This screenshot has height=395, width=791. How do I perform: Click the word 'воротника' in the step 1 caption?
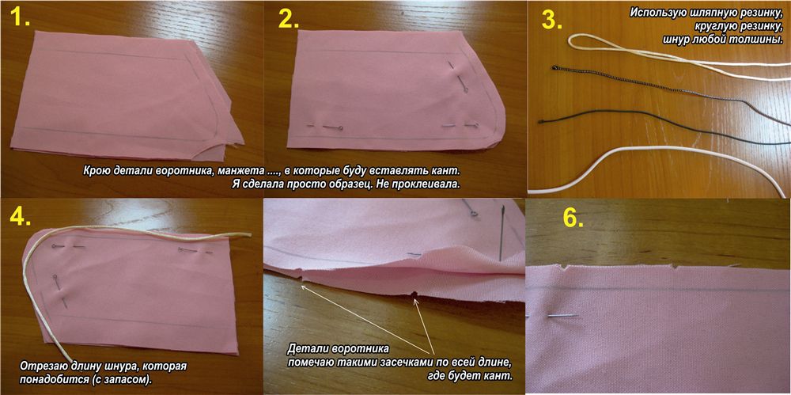pos(186,171)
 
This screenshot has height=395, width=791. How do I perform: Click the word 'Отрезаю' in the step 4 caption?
pos(41,365)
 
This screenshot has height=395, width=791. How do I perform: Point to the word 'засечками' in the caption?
pos(424,363)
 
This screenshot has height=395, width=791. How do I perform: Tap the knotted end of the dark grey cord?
pos(541,121)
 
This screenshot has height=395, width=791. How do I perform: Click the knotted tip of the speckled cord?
pos(554,66)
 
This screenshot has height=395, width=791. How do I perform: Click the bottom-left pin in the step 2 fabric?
pos(324,127)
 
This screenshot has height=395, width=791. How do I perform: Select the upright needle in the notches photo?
pos(502,233)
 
